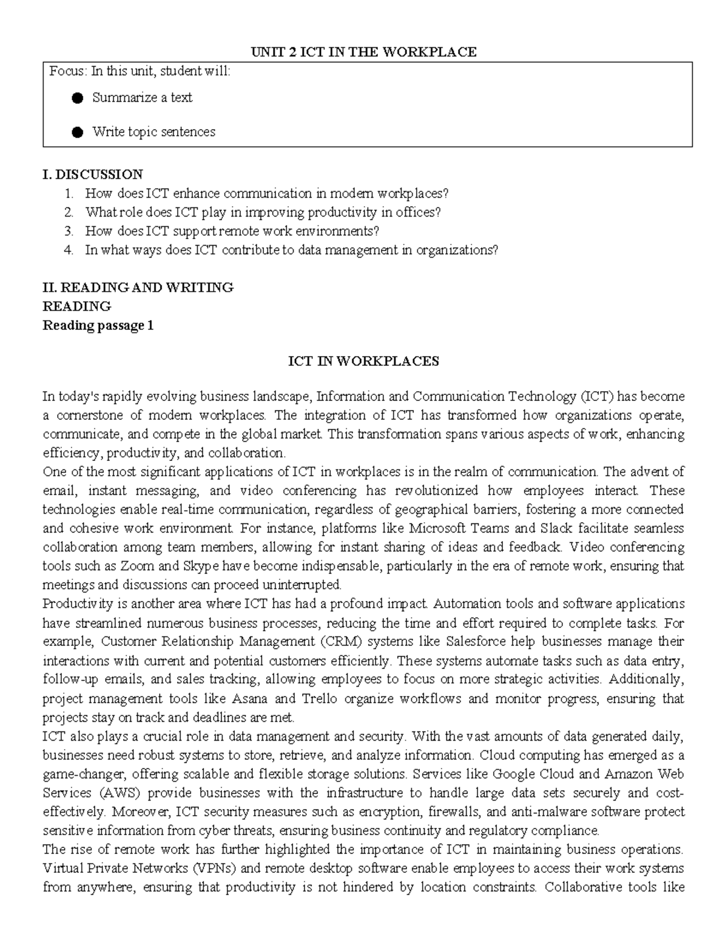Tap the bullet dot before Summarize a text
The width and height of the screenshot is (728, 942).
click(77, 98)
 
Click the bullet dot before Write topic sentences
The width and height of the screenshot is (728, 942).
click(77, 132)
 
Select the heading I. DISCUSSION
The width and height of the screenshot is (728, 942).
click(92, 175)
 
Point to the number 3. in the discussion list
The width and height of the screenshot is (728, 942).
click(69, 231)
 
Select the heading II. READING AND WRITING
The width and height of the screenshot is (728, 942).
click(138, 288)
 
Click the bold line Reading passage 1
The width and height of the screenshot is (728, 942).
click(98, 326)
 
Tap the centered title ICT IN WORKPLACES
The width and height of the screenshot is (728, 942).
click(363, 362)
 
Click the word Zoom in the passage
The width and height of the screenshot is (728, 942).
click(137, 566)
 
